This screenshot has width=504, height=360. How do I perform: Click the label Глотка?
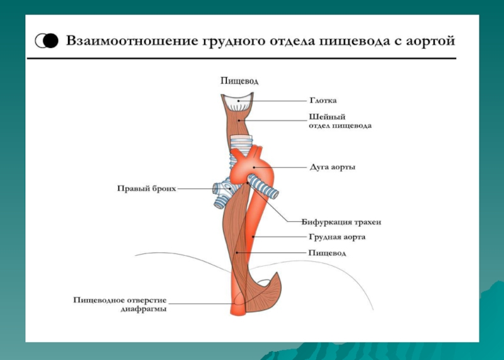323,100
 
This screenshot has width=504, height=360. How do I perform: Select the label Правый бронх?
146,188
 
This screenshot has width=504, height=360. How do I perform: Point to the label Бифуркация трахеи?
341,222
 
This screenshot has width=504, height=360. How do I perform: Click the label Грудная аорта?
337,237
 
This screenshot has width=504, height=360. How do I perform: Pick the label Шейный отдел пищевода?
340,120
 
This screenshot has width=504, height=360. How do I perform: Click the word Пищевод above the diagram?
239,81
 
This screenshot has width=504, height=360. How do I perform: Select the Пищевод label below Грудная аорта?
327,252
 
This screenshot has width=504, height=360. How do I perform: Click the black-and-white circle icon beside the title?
48,42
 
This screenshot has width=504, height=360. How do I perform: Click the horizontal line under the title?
240,59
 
